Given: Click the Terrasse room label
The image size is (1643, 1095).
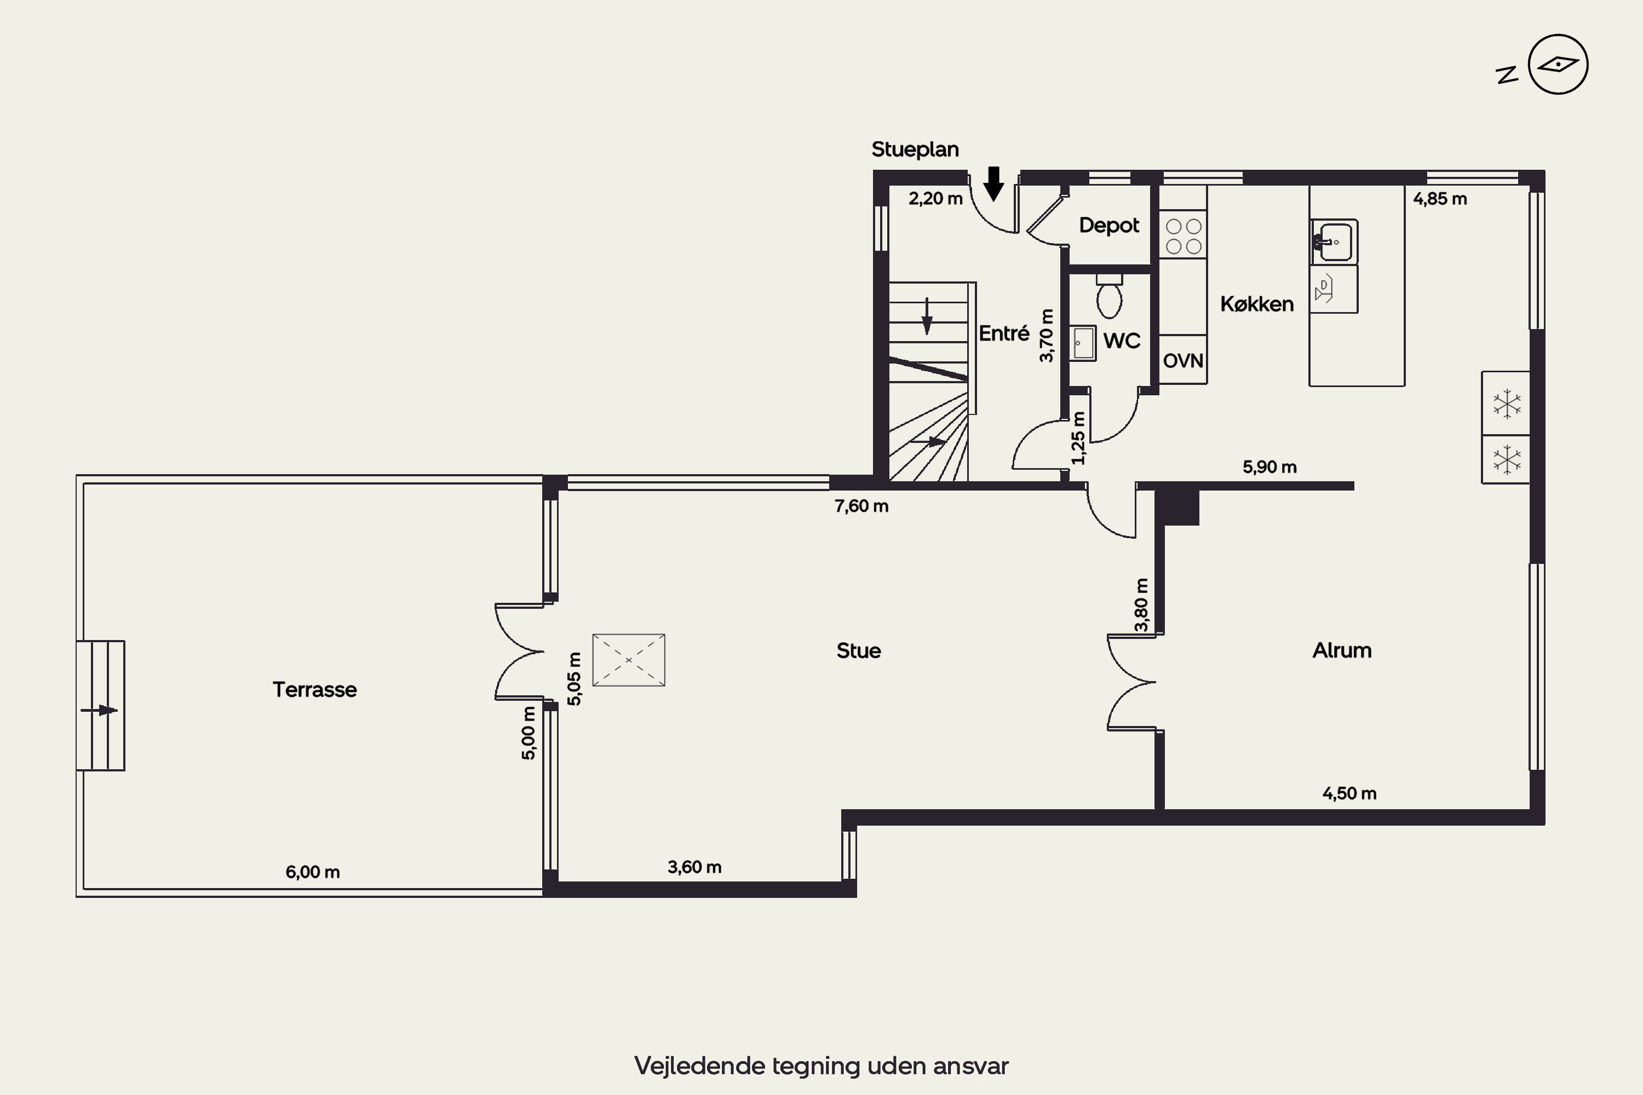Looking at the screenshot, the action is click(x=314, y=689).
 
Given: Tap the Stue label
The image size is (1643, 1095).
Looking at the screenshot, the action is click(x=859, y=650).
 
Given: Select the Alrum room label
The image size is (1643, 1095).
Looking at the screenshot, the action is click(x=1341, y=650).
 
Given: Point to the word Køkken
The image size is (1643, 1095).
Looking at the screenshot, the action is click(x=1257, y=304).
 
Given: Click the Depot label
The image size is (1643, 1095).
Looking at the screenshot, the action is click(x=1108, y=225).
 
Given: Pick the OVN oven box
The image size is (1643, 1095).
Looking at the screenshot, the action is click(x=1182, y=360).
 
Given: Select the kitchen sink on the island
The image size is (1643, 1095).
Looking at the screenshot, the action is click(x=1334, y=241).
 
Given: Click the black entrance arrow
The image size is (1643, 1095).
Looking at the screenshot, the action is click(x=993, y=183).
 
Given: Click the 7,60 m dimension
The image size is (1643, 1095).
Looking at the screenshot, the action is click(x=861, y=505).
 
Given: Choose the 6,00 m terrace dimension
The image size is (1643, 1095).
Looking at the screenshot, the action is click(x=312, y=872).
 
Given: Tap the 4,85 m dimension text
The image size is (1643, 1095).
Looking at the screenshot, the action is click(x=1440, y=198).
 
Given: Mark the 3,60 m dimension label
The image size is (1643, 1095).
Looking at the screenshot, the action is click(x=694, y=867).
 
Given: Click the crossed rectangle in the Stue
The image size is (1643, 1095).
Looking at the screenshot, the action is click(x=629, y=660).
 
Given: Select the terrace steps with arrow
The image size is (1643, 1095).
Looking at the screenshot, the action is click(x=101, y=705).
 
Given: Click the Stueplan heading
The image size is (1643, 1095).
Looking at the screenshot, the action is click(x=915, y=149).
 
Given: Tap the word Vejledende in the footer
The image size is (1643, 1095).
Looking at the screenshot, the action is click(x=700, y=1065).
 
